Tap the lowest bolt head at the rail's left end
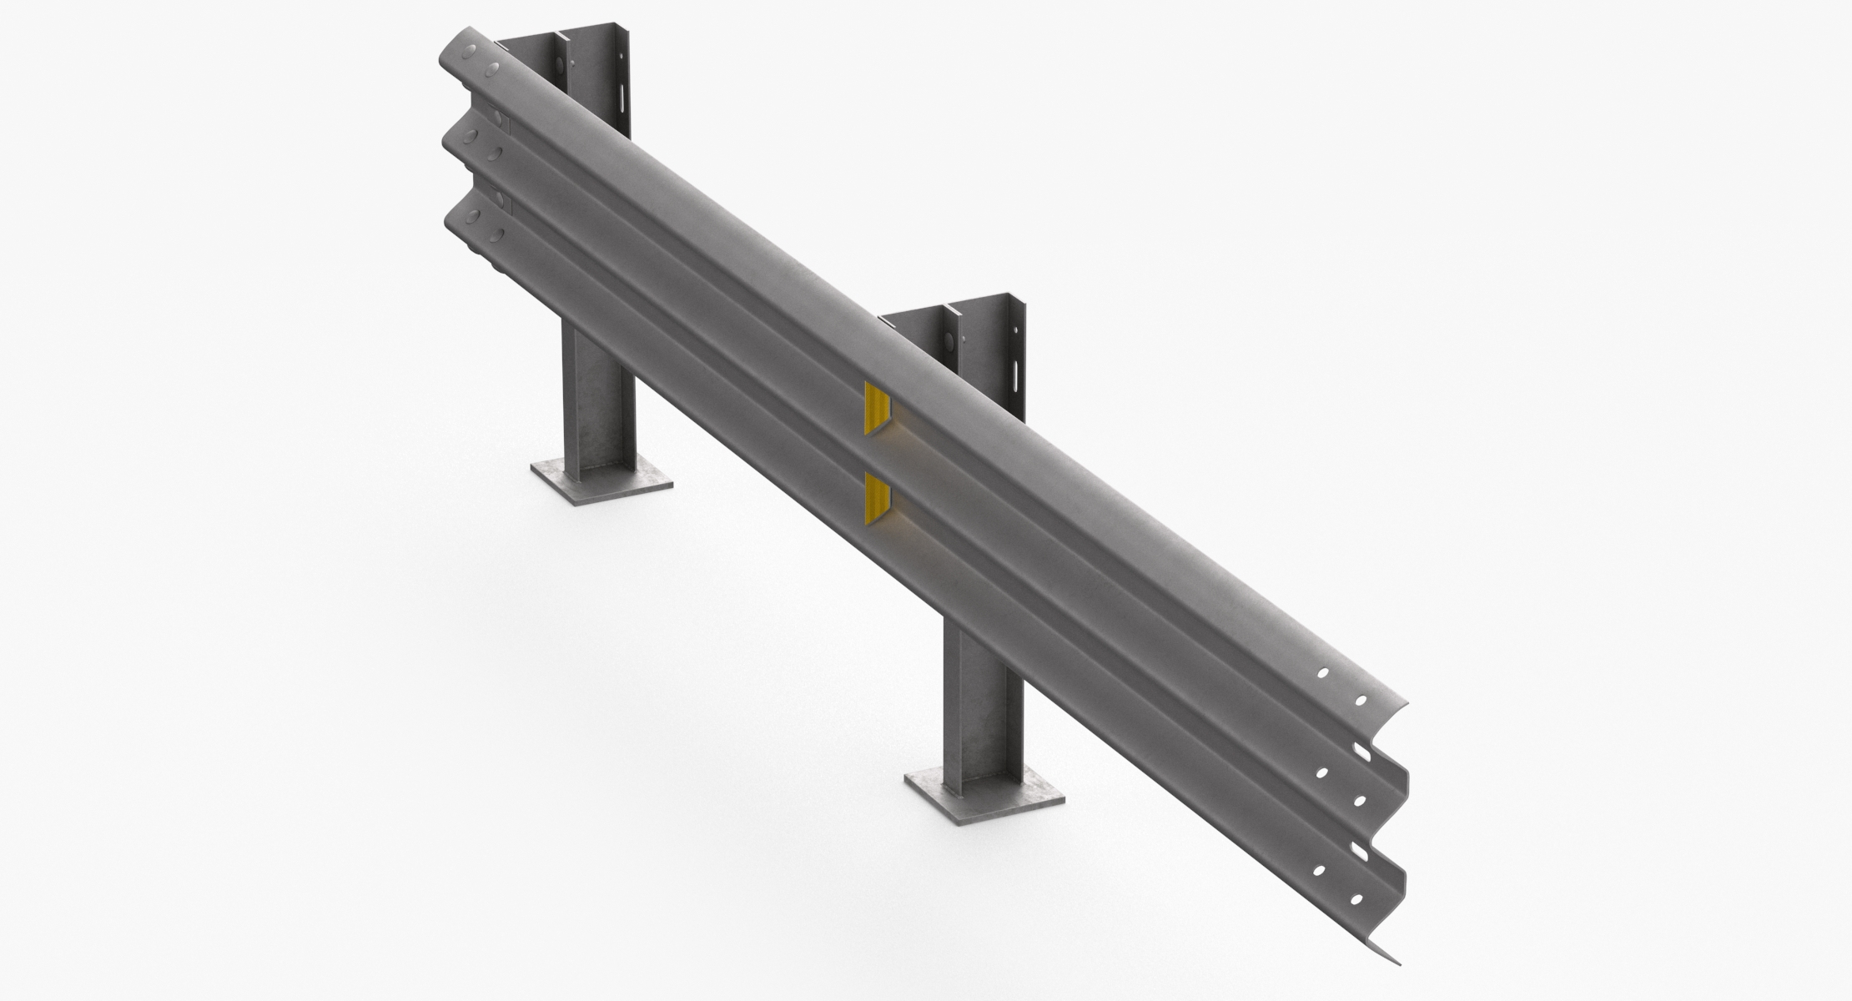496,236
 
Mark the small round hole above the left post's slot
573,61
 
